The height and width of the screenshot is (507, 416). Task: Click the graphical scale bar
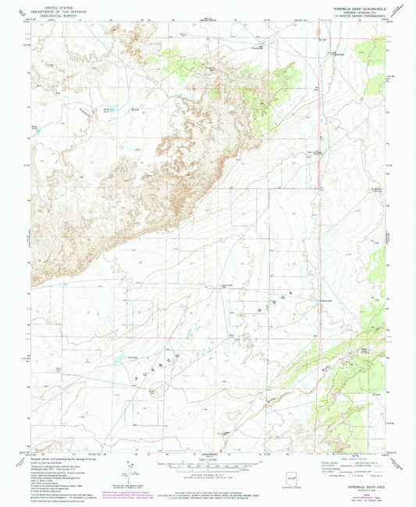208,471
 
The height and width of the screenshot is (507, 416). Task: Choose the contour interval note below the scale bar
208,477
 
